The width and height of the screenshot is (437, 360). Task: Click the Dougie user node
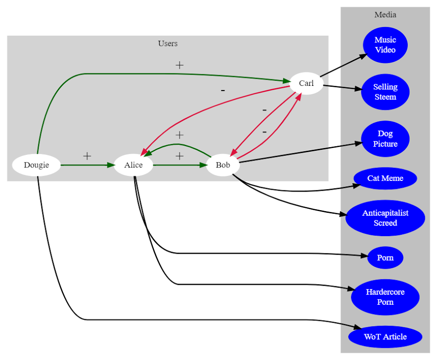pyautogui.click(x=36, y=165)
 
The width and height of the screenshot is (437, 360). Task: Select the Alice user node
pyautogui.click(x=133, y=165)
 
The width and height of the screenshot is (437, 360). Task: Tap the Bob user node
pyautogui.click(x=223, y=165)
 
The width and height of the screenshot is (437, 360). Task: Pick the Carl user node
pyautogui.click(x=307, y=83)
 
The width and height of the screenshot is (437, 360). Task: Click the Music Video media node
pyautogui.click(x=385, y=45)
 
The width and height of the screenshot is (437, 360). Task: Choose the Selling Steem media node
pyautogui.click(x=385, y=92)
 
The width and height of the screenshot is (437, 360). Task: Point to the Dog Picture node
pyautogui.click(x=385, y=139)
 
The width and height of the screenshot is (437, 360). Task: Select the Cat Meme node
pyautogui.click(x=385, y=178)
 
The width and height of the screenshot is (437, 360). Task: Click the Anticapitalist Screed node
pyautogui.click(x=385, y=218)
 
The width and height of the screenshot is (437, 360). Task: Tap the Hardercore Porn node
pyautogui.click(x=385, y=297)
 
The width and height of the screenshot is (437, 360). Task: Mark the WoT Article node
pyautogui.click(x=385, y=337)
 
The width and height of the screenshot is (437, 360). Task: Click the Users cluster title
pyautogui.click(x=168, y=44)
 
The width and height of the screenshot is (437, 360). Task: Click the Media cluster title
pyautogui.click(x=385, y=15)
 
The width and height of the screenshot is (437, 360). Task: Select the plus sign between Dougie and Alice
pyautogui.click(x=87, y=156)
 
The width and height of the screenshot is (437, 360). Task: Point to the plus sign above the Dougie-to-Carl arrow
pyautogui.click(x=179, y=65)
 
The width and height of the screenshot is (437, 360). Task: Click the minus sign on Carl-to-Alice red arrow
pyautogui.click(x=223, y=90)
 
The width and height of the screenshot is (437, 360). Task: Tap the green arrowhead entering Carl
pyautogui.click(x=287, y=81)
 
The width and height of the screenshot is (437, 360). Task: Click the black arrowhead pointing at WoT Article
pyautogui.click(x=357, y=327)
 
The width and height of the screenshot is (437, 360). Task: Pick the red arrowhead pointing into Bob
pyautogui.click(x=234, y=153)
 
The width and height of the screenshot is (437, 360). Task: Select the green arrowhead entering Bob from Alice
pyautogui.click(x=203, y=165)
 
